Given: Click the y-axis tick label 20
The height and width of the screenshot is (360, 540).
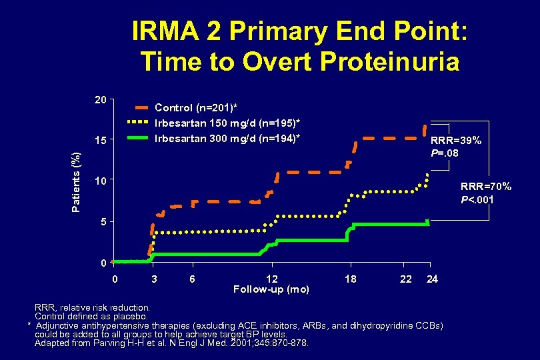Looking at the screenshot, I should point(100,100).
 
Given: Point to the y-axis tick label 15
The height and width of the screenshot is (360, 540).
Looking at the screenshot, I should point(100,141).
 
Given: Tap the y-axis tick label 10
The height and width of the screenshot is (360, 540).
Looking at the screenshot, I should point(100,181).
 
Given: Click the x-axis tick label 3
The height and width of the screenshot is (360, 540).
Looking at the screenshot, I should point(154,279).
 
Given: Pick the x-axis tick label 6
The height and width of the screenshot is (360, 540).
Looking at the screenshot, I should point(192,279).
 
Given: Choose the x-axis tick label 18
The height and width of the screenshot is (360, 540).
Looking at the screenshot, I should point(350,279).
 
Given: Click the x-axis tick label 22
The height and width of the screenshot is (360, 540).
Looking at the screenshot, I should point(405,279).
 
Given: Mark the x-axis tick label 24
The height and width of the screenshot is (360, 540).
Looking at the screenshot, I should point(432,279).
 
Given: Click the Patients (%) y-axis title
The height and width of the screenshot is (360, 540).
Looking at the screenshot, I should point(77,181).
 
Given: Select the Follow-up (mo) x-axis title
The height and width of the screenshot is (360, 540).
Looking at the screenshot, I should point(271,289).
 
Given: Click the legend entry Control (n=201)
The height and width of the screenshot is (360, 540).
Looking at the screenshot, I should point(196,107).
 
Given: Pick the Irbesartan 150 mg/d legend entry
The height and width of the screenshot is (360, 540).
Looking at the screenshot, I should point(227,123).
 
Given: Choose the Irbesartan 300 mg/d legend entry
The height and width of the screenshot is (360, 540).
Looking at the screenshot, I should point(227,138).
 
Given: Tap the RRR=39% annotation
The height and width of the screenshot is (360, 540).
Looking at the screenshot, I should point(456,141).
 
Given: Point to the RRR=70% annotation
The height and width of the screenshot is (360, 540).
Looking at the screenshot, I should point(486,186).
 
